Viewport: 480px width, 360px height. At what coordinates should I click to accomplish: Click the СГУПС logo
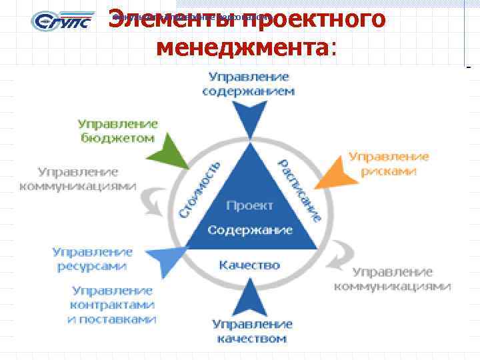[x=58, y=21]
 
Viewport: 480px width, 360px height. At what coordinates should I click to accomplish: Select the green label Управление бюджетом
[x=117, y=131]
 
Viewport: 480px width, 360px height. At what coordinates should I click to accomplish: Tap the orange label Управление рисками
[x=389, y=163]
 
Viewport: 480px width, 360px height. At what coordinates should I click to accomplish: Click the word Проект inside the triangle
[x=249, y=205]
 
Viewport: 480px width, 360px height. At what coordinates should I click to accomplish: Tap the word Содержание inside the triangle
[x=249, y=230]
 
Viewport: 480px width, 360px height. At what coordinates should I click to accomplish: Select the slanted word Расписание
[x=300, y=190]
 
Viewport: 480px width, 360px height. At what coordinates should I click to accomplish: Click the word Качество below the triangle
[x=249, y=265]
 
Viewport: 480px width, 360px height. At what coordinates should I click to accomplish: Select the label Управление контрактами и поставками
[x=112, y=305]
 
